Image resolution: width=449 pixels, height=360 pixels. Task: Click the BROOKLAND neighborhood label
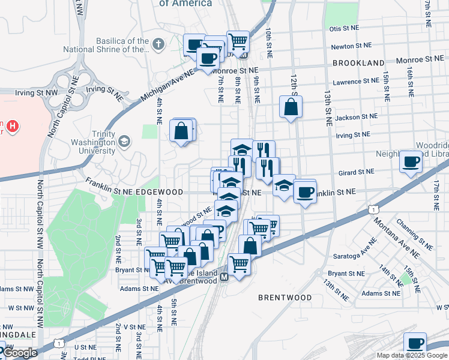[358, 63]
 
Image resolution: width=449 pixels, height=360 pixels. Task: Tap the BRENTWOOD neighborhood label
[285, 298]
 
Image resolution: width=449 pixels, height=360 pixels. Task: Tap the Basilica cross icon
[158, 44]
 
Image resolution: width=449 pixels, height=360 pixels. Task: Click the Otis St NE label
[344, 28]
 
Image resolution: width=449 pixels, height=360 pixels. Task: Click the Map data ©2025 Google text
[412, 355]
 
